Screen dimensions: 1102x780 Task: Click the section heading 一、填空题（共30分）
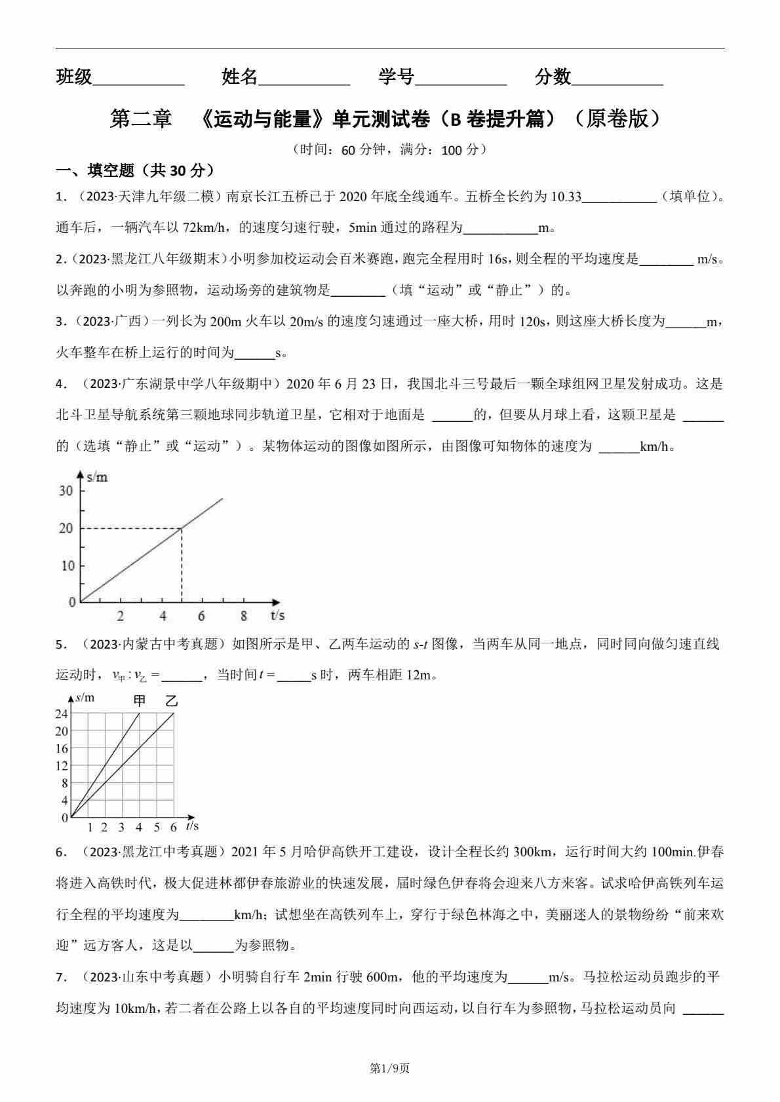coord(135,171)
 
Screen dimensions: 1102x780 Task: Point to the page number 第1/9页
coord(390,1069)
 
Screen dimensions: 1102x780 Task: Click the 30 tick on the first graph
coord(66,491)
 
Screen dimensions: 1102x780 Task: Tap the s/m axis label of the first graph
coord(97,477)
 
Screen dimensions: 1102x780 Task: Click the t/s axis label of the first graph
coord(277,615)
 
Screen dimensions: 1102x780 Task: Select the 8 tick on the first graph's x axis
coord(244,616)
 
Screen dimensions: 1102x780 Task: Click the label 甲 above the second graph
coord(140,700)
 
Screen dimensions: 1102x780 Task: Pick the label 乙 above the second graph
coord(172,700)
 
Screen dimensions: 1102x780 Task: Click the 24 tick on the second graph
coord(62,714)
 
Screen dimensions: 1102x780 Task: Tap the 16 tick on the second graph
coord(62,749)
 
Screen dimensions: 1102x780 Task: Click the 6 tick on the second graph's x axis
coord(174,827)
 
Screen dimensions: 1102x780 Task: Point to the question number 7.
coord(61,978)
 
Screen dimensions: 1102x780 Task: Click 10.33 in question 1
coord(566,197)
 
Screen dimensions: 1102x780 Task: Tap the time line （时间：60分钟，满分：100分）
coord(390,149)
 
